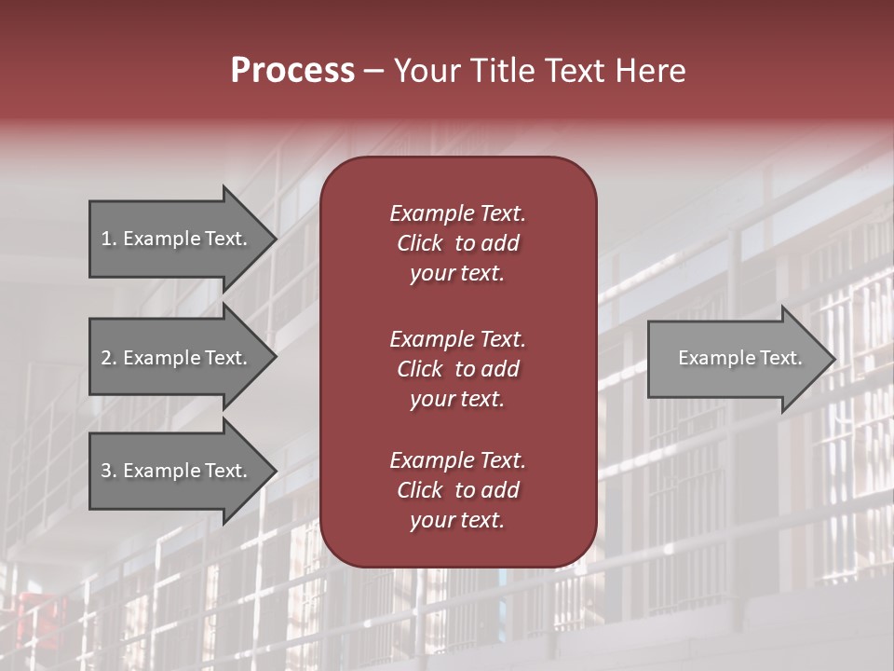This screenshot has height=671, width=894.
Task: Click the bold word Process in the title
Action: point(292,71)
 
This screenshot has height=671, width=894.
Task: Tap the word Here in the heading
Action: point(650,71)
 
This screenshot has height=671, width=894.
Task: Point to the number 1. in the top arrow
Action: point(108,239)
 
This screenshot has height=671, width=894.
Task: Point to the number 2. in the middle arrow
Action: point(108,358)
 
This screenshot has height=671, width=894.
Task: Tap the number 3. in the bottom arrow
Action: point(108,471)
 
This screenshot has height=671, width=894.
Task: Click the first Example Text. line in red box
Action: point(457,213)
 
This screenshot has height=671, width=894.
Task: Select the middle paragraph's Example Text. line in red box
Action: point(457,339)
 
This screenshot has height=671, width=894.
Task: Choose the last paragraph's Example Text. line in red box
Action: point(457,460)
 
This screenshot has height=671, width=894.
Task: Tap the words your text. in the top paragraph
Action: point(457,274)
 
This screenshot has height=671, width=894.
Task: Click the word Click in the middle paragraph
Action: point(419,369)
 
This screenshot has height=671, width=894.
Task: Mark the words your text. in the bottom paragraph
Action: point(457,521)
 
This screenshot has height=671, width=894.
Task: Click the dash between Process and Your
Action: point(374,72)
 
